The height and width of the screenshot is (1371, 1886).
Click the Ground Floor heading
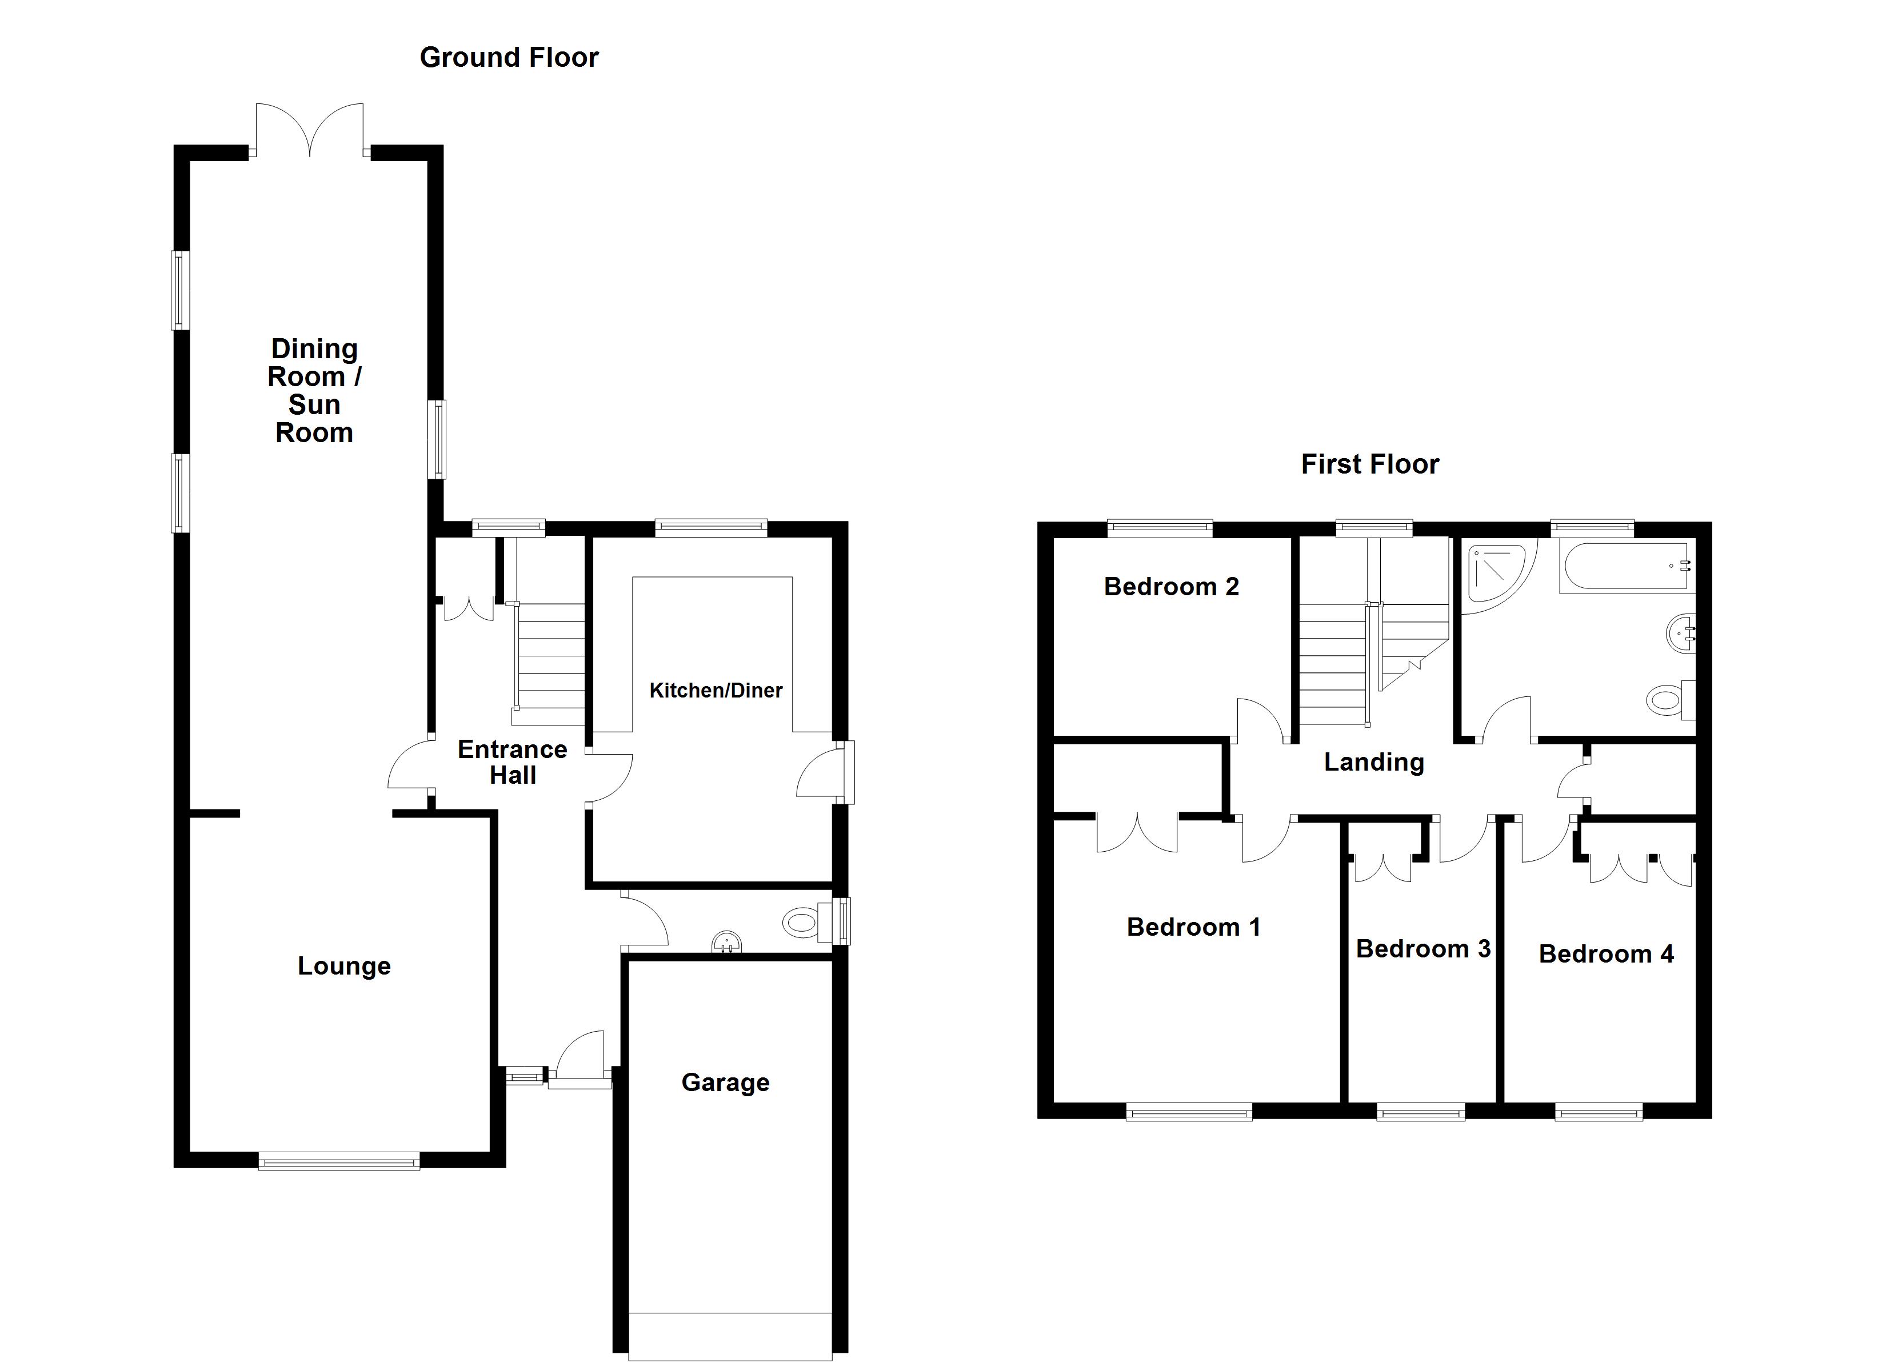[509, 57]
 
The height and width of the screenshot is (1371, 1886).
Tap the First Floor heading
[1369, 464]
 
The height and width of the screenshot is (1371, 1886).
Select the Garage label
[725, 1083]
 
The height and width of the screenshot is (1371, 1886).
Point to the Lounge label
[344, 966]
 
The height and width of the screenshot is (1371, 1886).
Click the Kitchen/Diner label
[715, 690]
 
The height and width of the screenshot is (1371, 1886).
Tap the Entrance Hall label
[512, 761]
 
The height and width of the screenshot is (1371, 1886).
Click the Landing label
[1374, 761]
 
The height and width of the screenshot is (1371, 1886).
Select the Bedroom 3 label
[1423, 949]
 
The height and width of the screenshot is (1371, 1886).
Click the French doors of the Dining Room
[309, 131]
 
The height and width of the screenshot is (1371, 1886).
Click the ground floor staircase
[549, 657]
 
